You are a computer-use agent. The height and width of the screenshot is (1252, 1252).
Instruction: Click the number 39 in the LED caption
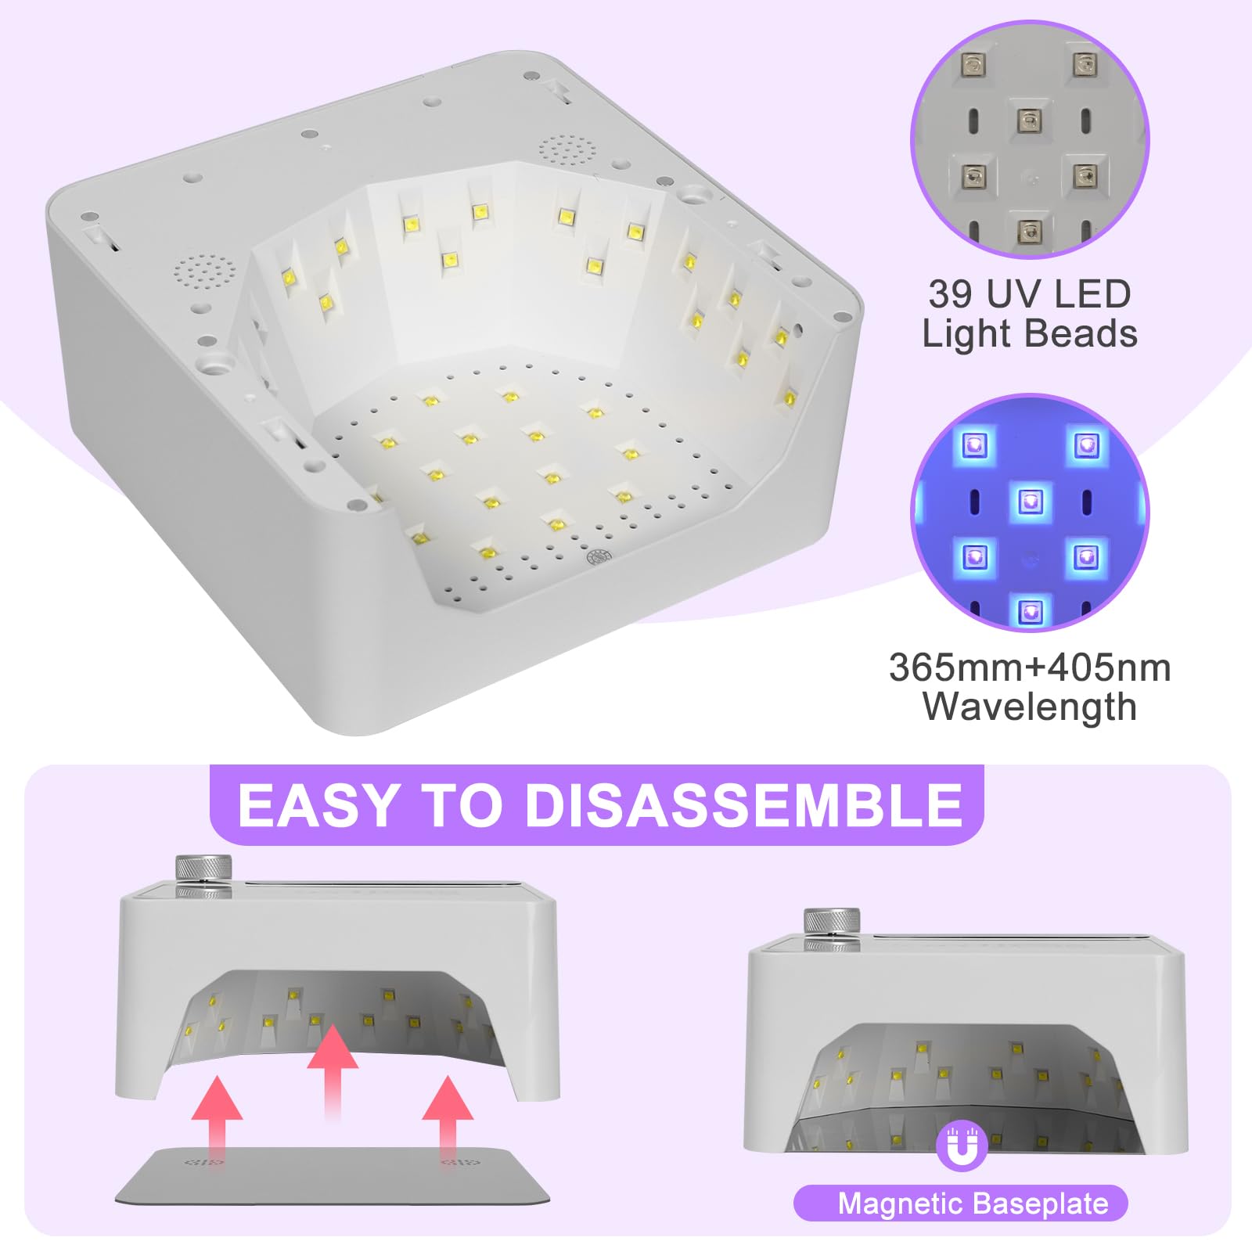pos(952,295)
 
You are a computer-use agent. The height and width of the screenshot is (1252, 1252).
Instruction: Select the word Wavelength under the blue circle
pos(1030,707)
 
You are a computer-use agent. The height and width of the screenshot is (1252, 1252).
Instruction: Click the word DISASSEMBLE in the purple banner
pos(743,805)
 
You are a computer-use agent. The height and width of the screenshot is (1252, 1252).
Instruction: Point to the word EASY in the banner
pos(318,805)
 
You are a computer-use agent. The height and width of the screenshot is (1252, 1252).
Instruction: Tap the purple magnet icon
pos(962,1146)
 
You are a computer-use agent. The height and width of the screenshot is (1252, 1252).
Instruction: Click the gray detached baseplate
pos(333,1175)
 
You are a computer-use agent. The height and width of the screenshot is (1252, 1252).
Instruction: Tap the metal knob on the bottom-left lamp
pos(203,874)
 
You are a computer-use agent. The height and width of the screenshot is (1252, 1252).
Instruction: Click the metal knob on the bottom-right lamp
pos(833,929)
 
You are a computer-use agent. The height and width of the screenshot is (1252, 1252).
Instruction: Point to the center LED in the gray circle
pos(1029,121)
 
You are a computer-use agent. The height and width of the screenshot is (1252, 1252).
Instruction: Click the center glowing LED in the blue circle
pos(1030,501)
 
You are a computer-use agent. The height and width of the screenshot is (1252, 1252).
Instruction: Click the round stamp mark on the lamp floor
pos(599,557)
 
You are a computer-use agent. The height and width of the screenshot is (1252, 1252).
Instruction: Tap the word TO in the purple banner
pos(462,805)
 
